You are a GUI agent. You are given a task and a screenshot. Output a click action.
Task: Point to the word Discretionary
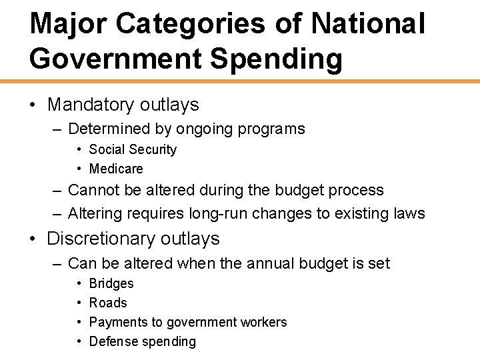99,239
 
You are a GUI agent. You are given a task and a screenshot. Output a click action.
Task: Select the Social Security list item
133,149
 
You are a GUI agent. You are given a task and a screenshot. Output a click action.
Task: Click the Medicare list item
116,169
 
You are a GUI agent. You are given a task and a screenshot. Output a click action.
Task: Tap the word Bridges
111,283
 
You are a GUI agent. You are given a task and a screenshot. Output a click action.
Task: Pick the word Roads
108,303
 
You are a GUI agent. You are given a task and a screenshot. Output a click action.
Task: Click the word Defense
112,341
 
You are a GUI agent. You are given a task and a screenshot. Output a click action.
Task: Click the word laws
409,213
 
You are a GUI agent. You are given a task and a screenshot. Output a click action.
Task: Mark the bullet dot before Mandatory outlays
33,105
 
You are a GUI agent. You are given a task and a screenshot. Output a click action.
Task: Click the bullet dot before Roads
79,303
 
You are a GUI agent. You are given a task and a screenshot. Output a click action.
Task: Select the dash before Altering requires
59,213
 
